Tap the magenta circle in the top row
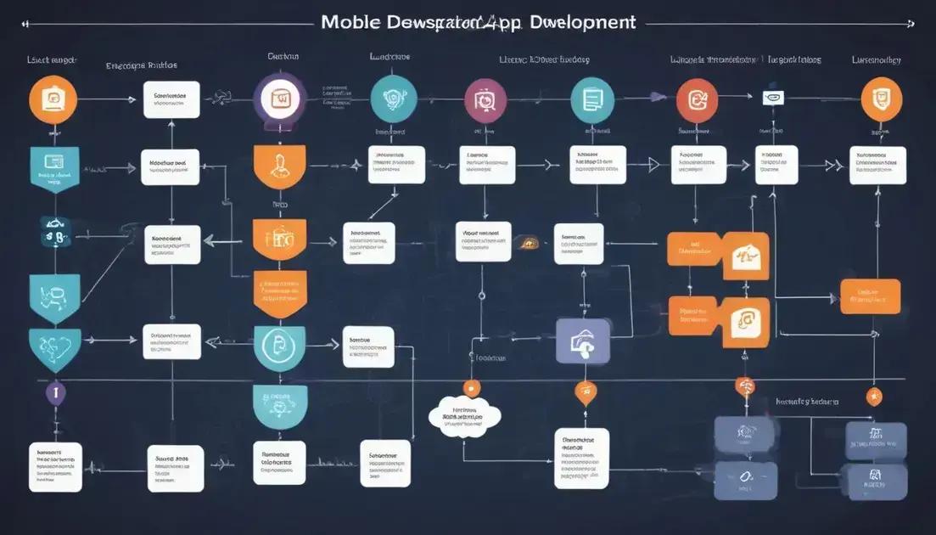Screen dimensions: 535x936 485,100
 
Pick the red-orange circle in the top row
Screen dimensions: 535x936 697,99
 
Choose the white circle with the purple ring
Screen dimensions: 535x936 278,100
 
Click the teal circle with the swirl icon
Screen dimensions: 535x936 394,99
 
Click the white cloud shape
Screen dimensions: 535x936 465,418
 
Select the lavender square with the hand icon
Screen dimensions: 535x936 583,341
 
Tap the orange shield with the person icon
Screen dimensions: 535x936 278,167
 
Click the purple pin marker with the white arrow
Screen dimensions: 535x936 55,393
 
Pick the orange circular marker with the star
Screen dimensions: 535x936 873,396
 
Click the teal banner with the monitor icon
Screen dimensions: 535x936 54,166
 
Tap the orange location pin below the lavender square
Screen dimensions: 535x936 585,392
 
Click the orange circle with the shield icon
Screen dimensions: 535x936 882,99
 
